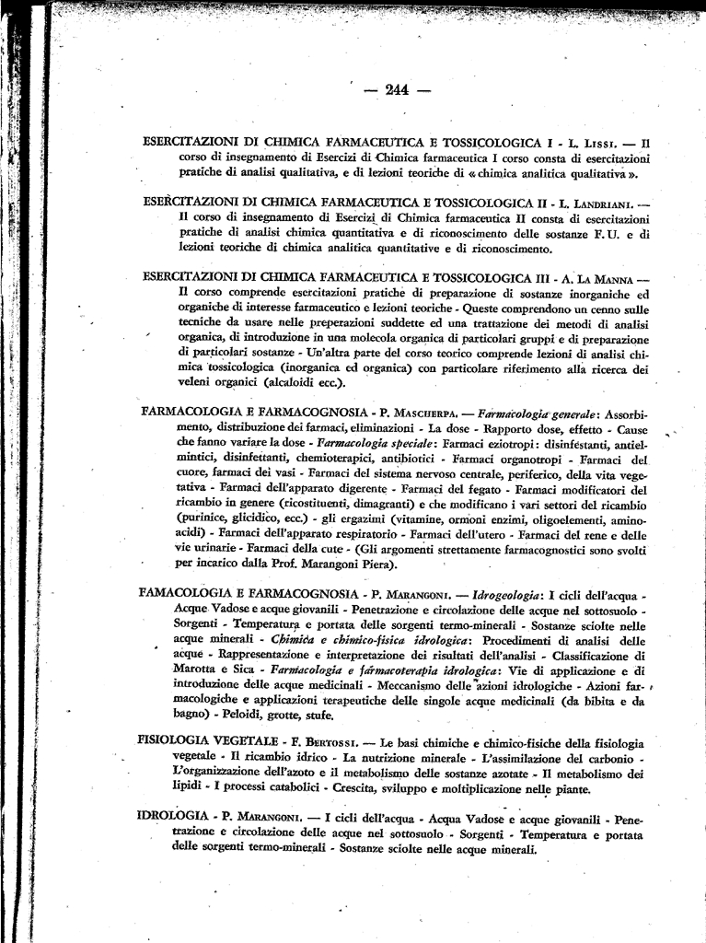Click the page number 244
(x=397, y=89)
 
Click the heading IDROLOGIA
(x=174, y=817)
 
